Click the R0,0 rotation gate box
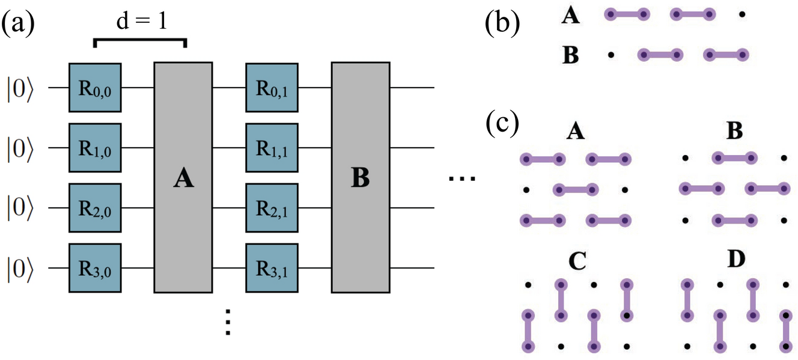click(96, 87)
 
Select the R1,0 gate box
click(96, 148)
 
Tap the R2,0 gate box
click(96, 208)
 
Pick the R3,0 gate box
click(96, 268)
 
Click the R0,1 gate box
click(272, 87)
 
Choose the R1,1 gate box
click(272, 148)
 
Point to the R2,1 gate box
click(272, 208)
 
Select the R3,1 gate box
click(272, 268)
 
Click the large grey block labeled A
click(183, 177)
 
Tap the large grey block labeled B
click(361, 177)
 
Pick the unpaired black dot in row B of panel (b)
click(611, 55)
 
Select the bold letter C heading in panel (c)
click(576, 261)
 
